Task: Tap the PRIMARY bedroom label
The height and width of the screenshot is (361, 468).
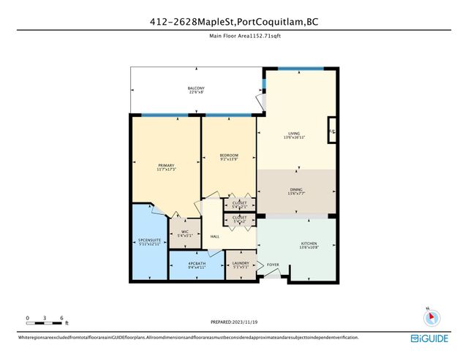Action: [167, 165]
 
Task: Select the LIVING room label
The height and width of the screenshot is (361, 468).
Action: [294, 133]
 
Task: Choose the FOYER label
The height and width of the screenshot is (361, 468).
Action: [273, 265]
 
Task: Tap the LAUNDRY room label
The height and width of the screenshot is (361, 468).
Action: [241, 264]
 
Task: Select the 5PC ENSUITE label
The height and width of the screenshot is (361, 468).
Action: [149, 240]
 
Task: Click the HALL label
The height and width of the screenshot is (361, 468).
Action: [216, 237]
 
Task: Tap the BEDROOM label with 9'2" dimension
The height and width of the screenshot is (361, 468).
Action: [229, 156]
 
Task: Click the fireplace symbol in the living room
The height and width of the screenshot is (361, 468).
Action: [331, 132]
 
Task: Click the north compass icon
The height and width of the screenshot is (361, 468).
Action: [430, 316]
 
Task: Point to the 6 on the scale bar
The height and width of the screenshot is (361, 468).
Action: [62, 319]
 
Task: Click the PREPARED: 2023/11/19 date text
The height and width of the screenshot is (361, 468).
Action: [233, 322]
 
